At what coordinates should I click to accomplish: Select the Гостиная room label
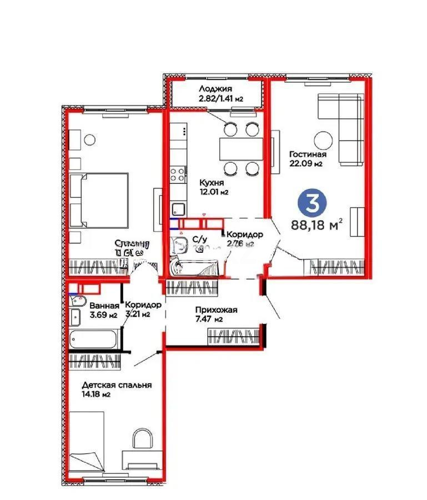click(308, 154)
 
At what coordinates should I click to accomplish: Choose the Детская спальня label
click(116, 385)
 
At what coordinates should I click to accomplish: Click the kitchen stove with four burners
click(178, 174)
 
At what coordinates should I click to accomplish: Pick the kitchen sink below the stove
click(178, 209)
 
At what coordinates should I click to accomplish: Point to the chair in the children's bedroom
click(144, 440)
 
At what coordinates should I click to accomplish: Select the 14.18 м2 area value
click(95, 395)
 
